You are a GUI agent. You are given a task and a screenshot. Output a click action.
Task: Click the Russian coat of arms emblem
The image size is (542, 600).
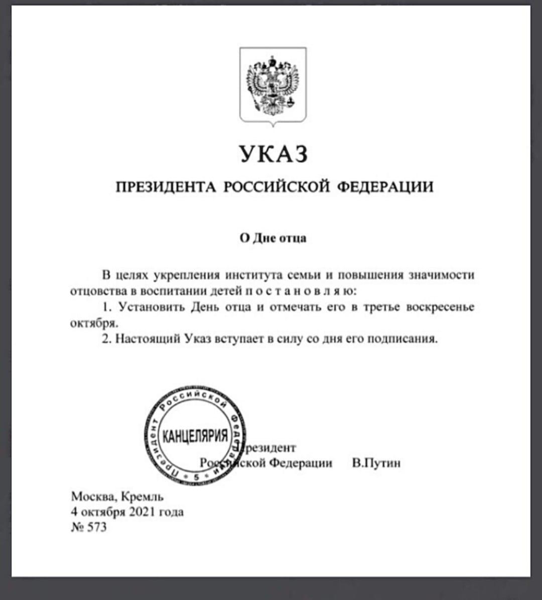(273, 85)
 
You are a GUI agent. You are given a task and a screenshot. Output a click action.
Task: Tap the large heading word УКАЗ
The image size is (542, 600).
(273, 154)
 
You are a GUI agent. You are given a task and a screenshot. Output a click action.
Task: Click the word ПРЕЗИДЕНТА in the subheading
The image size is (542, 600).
(166, 187)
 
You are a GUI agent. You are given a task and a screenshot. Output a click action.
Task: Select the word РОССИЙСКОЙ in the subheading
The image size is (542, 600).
(276, 187)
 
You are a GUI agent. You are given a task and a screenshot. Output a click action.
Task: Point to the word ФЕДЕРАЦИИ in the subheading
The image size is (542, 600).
(384, 187)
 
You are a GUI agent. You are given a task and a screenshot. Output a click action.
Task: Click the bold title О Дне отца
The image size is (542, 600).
(273, 238)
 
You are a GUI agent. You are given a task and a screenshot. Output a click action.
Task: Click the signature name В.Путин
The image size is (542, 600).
(376, 463)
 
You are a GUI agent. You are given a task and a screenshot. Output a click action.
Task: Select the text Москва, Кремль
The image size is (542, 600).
(117, 497)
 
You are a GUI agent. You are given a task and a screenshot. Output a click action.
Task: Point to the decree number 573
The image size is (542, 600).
(97, 528)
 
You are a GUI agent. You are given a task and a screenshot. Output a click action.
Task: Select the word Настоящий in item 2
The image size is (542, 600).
(148, 338)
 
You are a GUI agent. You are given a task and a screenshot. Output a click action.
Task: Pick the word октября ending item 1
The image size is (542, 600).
(93, 323)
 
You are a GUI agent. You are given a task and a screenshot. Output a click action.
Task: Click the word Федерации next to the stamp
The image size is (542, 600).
(301, 463)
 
